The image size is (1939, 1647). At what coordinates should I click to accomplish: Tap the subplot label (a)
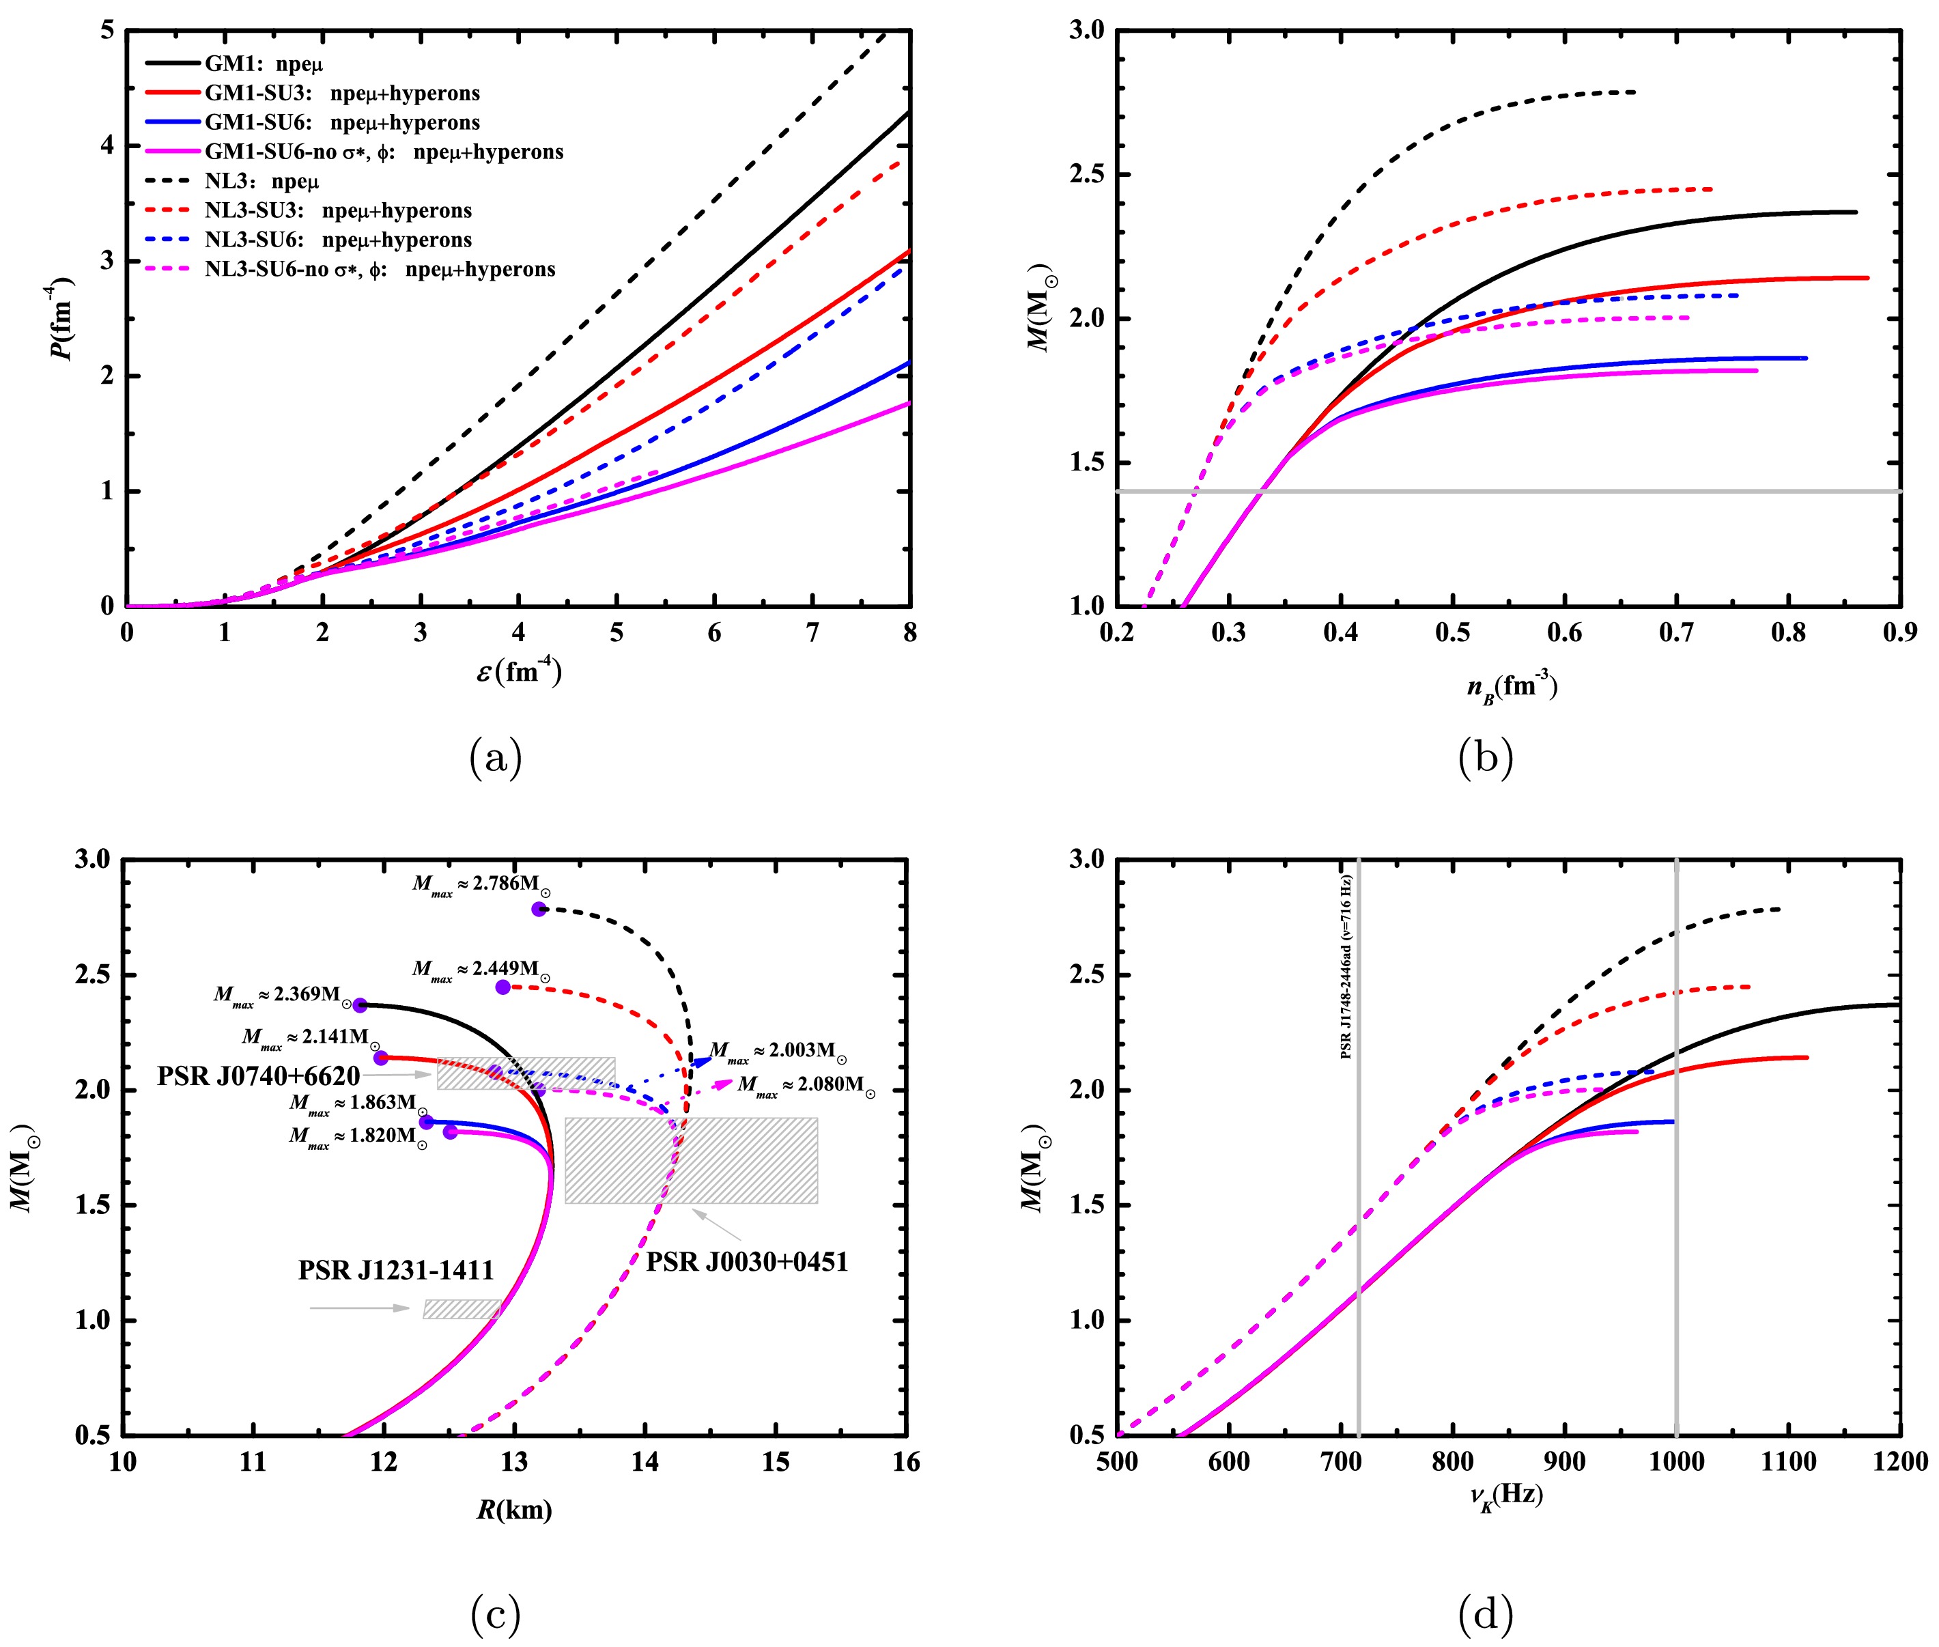(x=496, y=757)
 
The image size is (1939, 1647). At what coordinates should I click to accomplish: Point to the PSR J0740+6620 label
(x=259, y=1077)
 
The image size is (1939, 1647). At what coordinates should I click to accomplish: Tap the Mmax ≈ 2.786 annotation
(x=481, y=884)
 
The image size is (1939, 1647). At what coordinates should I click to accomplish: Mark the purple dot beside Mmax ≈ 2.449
(x=503, y=987)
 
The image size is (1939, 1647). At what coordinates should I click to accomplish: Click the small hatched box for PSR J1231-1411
(x=462, y=1309)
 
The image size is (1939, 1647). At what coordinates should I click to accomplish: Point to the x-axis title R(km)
(x=514, y=1510)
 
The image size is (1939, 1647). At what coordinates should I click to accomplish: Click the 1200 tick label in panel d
(x=1901, y=1462)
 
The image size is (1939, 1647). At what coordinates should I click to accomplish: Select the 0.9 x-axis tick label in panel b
(x=1900, y=633)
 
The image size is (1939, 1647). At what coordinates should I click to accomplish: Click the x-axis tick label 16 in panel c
(x=905, y=1462)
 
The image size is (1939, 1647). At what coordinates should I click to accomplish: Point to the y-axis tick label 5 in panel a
(x=107, y=31)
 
